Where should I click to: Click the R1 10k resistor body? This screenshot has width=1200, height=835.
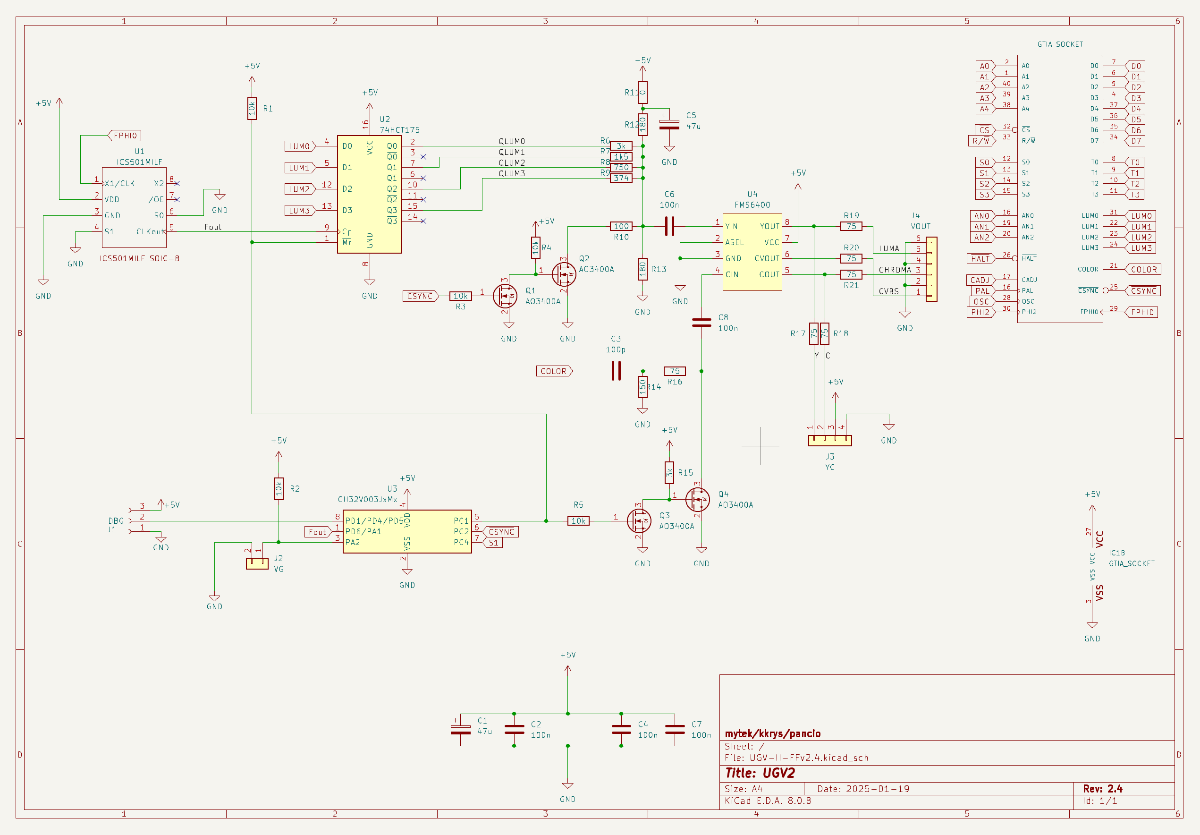pyautogui.click(x=252, y=108)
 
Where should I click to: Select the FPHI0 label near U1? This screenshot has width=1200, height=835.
pyautogui.click(x=125, y=136)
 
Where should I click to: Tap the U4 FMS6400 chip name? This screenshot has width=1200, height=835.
pyautogui.click(x=752, y=205)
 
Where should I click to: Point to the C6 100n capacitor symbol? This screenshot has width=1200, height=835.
pyautogui.click(x=669, y=226)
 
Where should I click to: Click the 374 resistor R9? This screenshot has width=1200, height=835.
pyautogui.click(x=621, y=179)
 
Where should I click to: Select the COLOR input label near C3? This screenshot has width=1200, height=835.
pyautogui.click(x=553, y=371)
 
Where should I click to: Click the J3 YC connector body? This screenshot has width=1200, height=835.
pyautogui.click(x=829, y=441)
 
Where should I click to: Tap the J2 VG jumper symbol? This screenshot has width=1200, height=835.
pyautogui.click(x=257, y=563)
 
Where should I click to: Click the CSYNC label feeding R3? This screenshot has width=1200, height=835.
pyautogui.click(x=420, y=296)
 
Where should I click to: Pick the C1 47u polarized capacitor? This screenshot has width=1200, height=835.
pyautogui.click(x=460, y=729)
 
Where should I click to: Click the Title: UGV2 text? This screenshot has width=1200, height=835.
pyautogui.click(x=760, y=773)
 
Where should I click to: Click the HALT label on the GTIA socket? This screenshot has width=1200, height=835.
pyautogui.click(x=980, y=259)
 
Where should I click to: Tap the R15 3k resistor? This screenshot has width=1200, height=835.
pyautogui.click(x=669, y=473)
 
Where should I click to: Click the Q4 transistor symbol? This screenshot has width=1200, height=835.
pyautogui.click(x=698, y=500)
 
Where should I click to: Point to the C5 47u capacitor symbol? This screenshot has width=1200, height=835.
pyautogui.click(x=669, y=124)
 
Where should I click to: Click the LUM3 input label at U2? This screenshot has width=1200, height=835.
pyautogui.click(x=299, y=211)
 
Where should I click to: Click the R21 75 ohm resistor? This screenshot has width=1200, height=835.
pyautogui.click(x=852, y=274)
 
